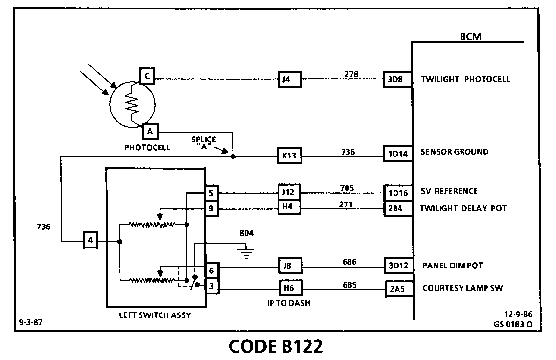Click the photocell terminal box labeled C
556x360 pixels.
coord(147,76)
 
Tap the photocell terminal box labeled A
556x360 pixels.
coord(150,132)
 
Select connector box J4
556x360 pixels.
coord(289,79)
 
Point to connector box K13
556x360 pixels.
coord(289,157)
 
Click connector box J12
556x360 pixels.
coord(289,192)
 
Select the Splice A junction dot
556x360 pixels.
coord(233,157)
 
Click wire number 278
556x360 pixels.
coord(351,74)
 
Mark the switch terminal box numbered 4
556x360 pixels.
coord(90,241)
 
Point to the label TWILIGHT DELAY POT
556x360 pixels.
coord(463,209)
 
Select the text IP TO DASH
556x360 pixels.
coord(289,303)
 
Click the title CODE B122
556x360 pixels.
coord(276,346)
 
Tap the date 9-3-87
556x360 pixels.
coord(30,323)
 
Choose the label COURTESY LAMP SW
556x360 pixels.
coord(463,288)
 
